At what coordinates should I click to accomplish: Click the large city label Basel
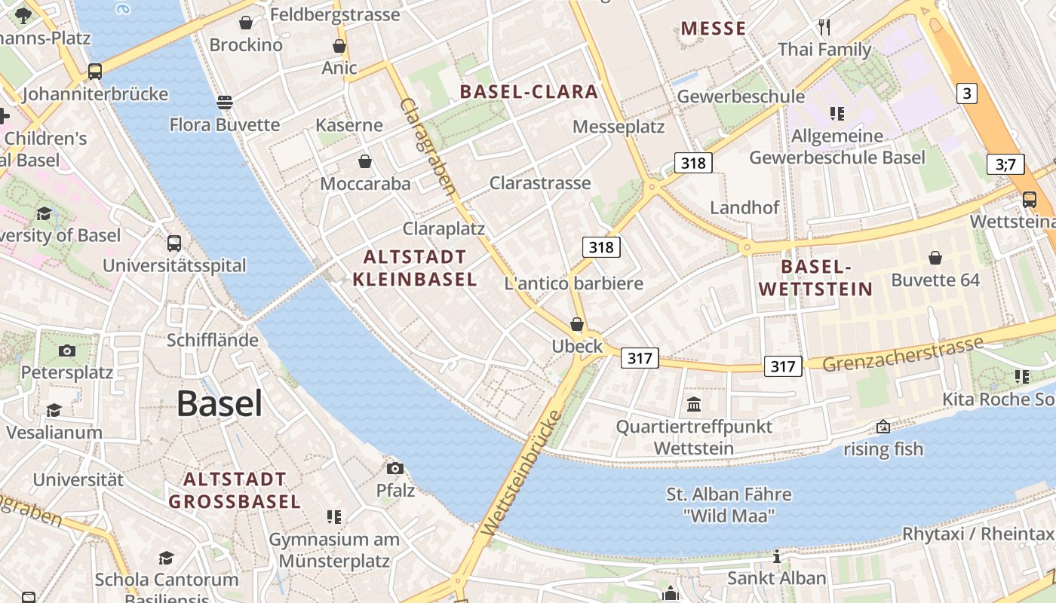[219, 405]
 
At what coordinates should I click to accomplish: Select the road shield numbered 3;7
[1005, 164]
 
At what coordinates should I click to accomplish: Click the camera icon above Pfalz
[394, 468]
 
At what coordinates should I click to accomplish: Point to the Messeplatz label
[619, 126]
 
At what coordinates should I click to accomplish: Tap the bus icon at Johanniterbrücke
[94, 72]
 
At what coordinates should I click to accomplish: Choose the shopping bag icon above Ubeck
[577, 324]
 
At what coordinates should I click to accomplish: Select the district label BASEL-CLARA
[529, 92]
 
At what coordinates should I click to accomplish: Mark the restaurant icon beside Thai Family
[824, 28]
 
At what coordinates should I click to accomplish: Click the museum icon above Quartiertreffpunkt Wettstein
[694, 405]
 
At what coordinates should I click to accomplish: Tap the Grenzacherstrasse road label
[902, 354]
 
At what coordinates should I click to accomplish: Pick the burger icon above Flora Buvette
[224, 102]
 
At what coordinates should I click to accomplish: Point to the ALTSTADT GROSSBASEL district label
[235, 490]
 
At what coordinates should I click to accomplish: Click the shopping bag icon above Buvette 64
[935, 258]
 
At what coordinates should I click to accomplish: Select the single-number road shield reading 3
[966, 93]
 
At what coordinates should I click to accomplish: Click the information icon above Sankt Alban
[776, 556]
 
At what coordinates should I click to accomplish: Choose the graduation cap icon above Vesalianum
[54, 410]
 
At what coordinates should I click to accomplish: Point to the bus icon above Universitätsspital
[174, 243]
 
